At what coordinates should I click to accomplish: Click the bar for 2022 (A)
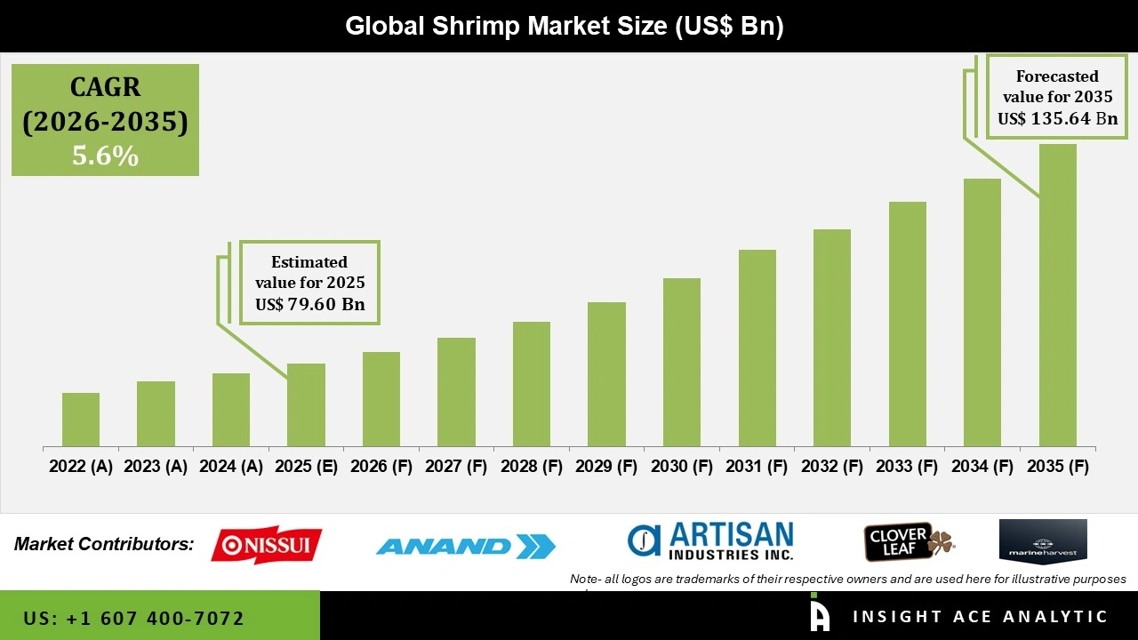(81, 420)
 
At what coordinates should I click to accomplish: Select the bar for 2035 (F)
(1057, 295)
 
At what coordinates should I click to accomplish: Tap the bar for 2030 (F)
(682, 363)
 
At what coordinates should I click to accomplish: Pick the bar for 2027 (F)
(456, 392)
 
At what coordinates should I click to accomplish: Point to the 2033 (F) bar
(907, 324)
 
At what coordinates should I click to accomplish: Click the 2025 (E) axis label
(306, 467)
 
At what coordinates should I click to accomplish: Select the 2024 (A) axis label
(231, 467)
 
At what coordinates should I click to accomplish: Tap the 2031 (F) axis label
(757, 467)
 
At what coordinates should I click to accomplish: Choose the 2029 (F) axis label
(607, 467)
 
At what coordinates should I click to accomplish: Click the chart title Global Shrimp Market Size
(565, 26)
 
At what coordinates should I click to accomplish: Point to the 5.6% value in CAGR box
(105, 156)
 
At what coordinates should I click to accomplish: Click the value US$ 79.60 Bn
(309, 304)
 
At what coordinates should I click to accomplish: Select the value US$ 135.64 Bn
(1057, 118)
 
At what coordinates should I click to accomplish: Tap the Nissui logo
(266, 545)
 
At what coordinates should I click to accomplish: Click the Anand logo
(465, 546)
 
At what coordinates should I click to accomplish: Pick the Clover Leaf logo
(909, 541)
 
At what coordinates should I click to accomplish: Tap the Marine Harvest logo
(1043, 542)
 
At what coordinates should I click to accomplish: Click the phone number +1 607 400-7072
(133, 618)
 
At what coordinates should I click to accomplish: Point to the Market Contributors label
(104, 544)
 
